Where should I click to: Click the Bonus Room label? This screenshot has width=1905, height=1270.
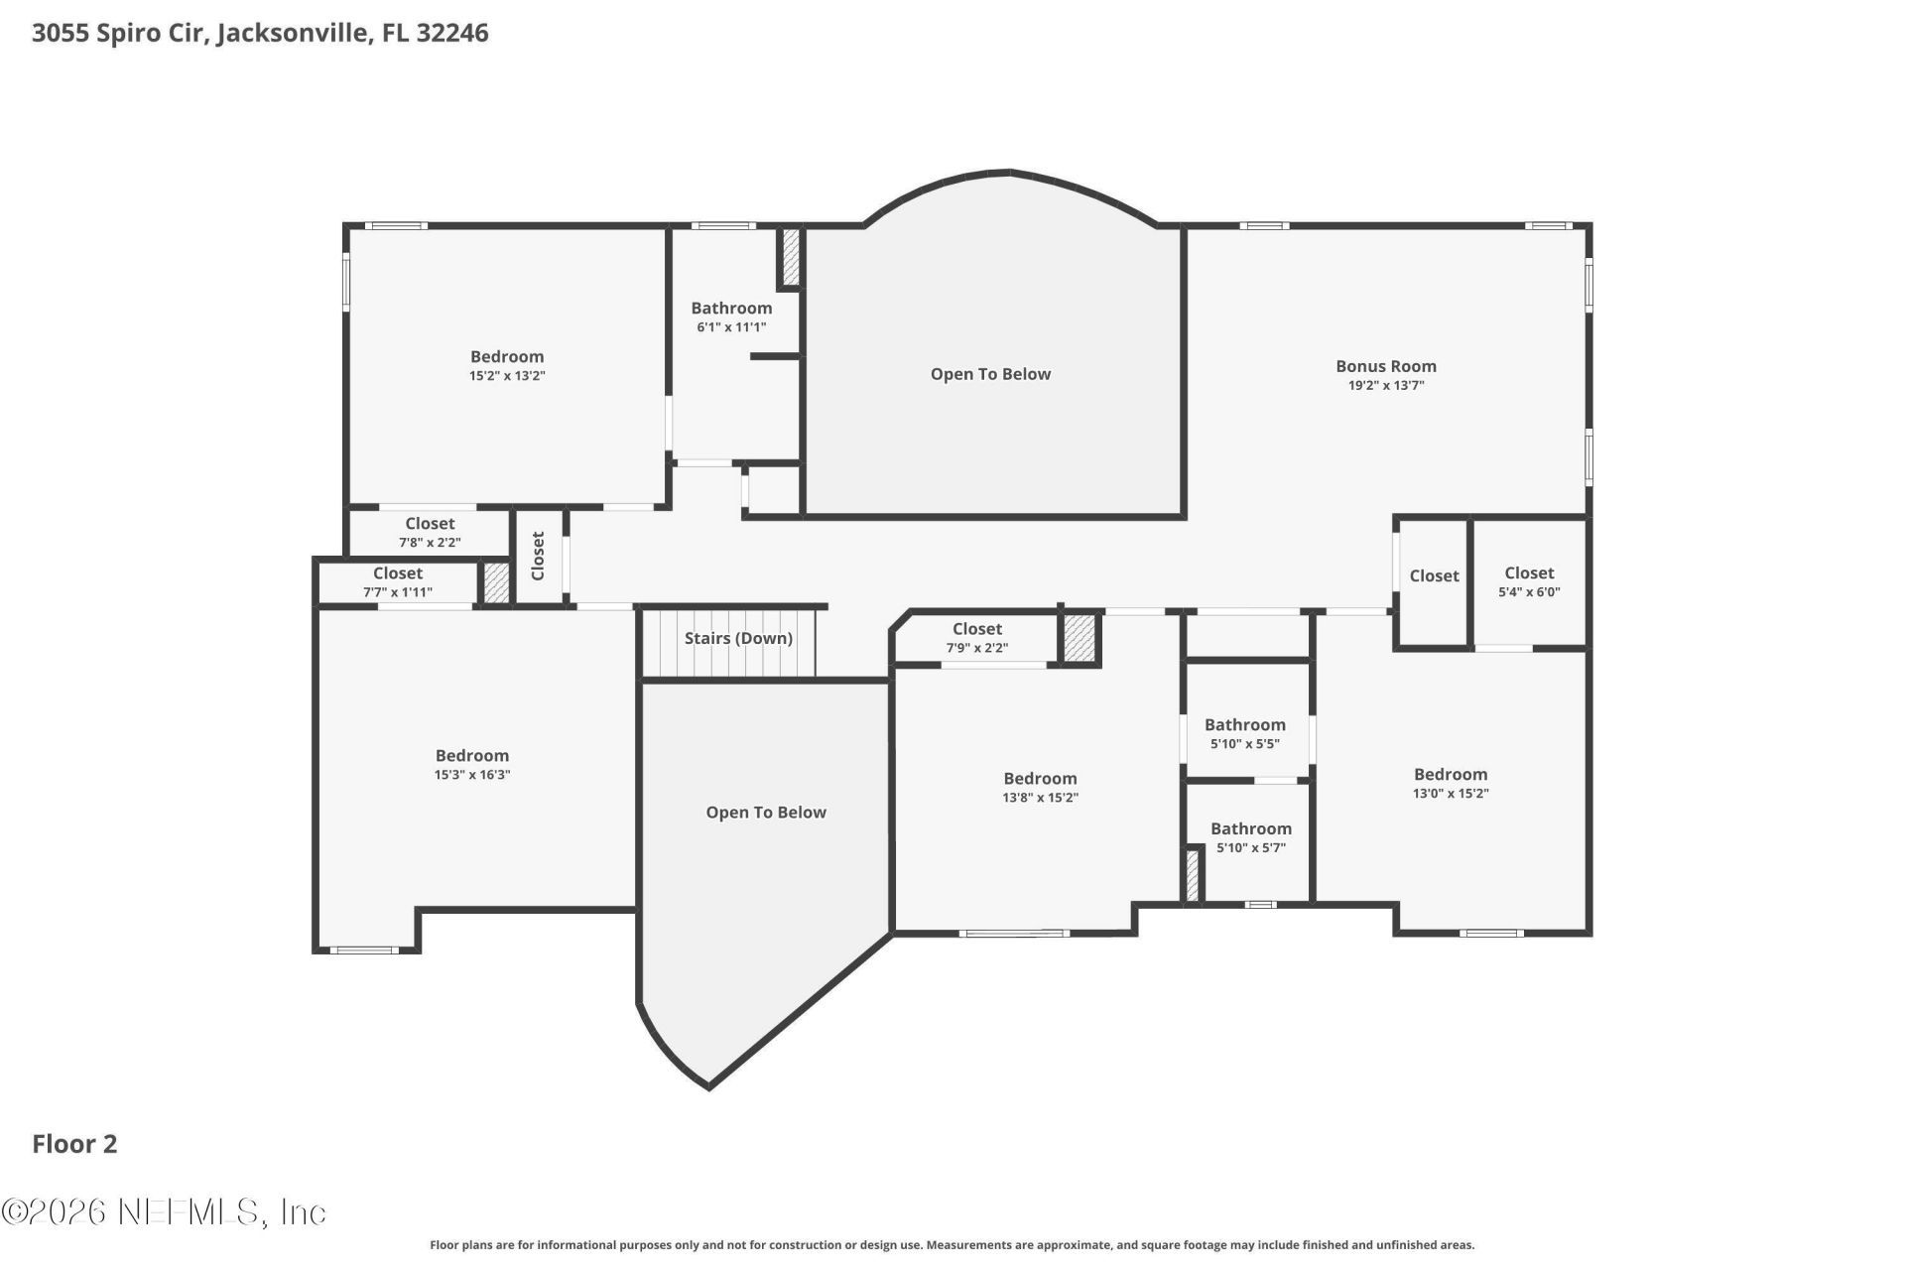tap(1385, 366)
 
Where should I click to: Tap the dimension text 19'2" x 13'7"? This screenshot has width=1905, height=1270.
tap(1385, 386)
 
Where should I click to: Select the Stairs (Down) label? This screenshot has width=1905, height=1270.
tap(738, 638)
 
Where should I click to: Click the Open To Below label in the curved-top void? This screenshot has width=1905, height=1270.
tap(990, 374)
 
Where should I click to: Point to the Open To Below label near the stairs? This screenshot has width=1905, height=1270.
tap(766, 813)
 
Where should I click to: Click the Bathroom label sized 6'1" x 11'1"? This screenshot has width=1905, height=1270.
tap(731, 309)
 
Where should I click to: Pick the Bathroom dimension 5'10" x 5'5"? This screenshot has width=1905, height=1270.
tap(1244, 744)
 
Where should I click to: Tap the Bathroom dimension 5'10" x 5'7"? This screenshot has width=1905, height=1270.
tap(1250, 848)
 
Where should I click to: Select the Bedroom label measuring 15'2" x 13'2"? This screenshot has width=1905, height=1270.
tap(507, 357)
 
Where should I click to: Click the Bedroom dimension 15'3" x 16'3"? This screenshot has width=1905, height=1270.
tap(472, 775)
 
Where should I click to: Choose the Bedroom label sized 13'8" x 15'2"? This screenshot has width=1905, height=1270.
tap(1040, 779)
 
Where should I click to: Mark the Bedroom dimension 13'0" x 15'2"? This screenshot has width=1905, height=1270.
tap(1451, 794)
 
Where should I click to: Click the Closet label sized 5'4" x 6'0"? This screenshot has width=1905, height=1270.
tap(1529, 573)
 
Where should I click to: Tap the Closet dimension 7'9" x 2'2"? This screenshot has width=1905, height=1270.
tap(976, 648)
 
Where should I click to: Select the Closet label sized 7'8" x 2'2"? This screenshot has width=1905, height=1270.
tap(430, 524)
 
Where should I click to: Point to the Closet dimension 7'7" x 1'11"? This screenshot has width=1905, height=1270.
tap(398, 592)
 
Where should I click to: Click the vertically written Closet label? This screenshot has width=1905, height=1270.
tap(538, 556)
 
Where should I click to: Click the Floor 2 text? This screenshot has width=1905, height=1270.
tap(74, 1144)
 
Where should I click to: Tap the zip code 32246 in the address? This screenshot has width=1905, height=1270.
tap(452, 33)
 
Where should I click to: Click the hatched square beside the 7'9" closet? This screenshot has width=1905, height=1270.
tap(1079, 639)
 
